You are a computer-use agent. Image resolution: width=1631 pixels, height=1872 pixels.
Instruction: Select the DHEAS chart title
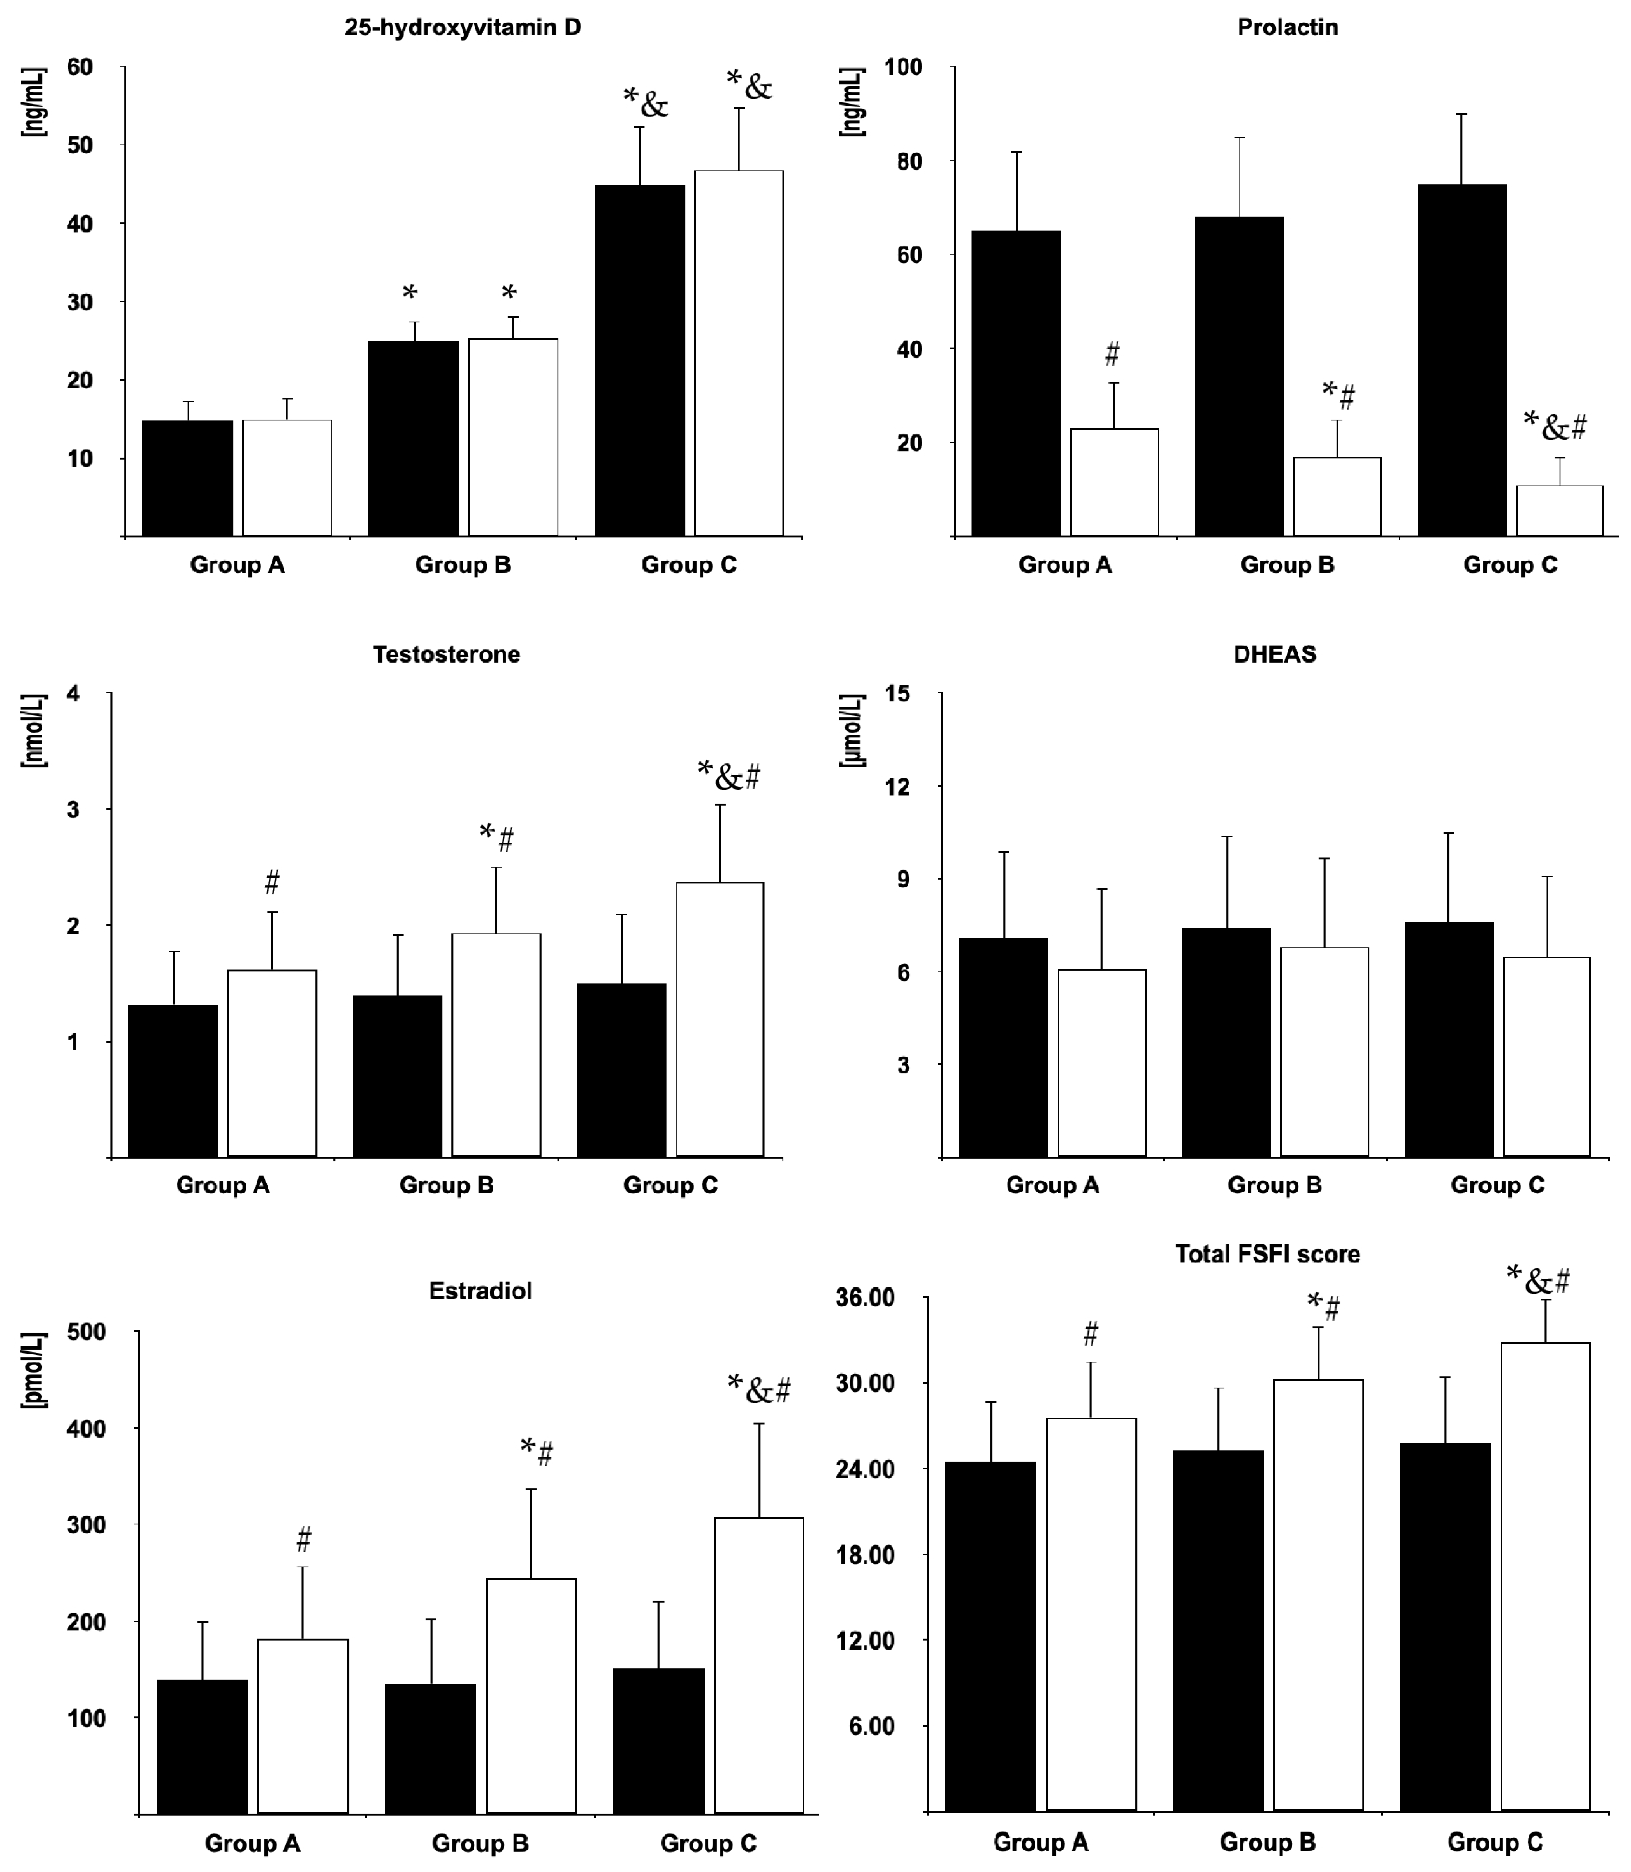(x=1274, y=654)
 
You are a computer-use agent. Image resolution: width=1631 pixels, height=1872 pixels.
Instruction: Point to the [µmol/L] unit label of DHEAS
(x=853, y=731)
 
